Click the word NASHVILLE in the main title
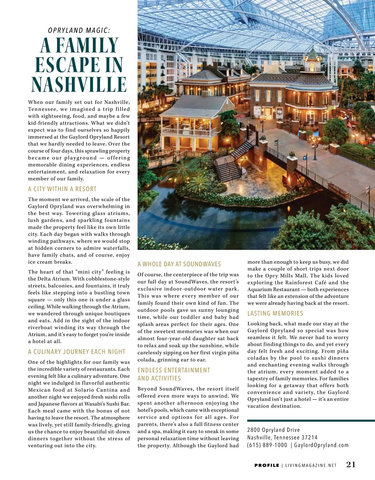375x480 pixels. click(x=79, y=85)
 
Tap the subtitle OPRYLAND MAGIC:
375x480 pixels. click(x=79, y=30)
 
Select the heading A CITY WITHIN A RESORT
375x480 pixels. click(x=62, y=189)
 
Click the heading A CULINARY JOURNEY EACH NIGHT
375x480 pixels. click(x=77, y=352)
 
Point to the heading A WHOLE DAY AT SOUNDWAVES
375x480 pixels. click(x=179, y=264)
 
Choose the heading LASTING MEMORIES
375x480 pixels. click(x=275, y=313)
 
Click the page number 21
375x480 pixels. click(x=351, y=465)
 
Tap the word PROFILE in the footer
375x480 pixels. click(x=267, y=465)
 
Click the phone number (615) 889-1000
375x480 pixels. click(x=267, y=445)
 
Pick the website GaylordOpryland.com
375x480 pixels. click(x=321, y=445)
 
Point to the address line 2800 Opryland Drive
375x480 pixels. click(x=273, y=430)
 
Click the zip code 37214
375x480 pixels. click(x=310, y=437)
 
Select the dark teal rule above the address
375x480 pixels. click(x=311, y=420)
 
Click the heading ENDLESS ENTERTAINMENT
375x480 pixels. click(x=174, y=370)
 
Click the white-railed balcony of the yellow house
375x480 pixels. click(x=189, y=131)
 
